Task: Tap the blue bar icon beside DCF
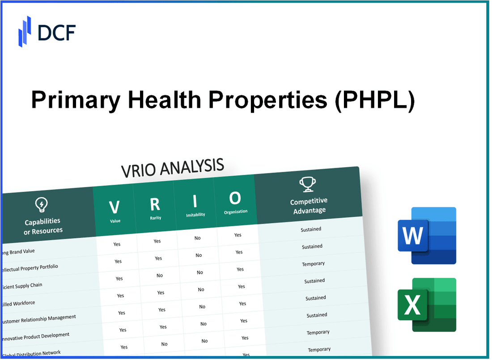(x=25, y=31)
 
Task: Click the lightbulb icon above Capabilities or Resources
(x=41, y=205)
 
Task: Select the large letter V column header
(x=115, y=207)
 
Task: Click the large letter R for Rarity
(x=155, y=204)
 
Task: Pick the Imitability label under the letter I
(x=195, y=215)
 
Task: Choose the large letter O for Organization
(x=235, y=198)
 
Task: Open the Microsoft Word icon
(x=427, y=236)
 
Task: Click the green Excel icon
(x=427, y=305)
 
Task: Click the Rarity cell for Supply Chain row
(x=160, y=275)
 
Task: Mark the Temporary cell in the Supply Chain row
(x=313, y=264)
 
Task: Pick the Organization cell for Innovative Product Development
(x=244, y=321)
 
